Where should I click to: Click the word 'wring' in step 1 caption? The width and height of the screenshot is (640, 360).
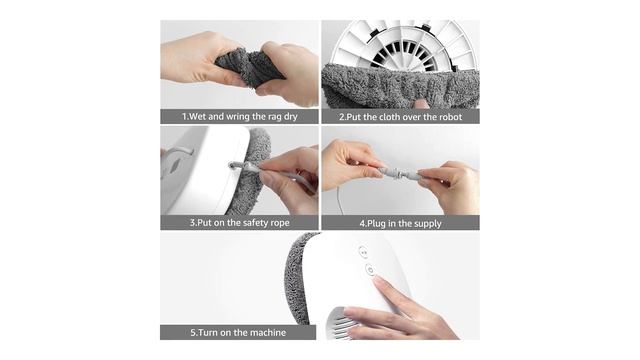click(x=238, y=117)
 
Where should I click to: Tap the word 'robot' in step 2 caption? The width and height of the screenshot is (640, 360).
click(x=451, y=117)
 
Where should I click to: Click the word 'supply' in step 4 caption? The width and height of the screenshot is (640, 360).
click(x=428, y=224)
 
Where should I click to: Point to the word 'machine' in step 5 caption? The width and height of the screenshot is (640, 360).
click(x=268, y=333)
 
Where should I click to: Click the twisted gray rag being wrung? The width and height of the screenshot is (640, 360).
click(x=249, y=68)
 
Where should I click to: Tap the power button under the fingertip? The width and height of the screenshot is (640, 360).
click(x=370, y=270)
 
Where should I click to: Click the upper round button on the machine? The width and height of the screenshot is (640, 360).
click(x=363, y=252)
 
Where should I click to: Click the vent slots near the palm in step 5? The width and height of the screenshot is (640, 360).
click(x=342, y=323)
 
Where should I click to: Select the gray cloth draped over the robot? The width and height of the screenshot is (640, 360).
click(x=400, y=86)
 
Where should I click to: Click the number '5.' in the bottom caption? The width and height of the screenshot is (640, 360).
click(x=194, y=333)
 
